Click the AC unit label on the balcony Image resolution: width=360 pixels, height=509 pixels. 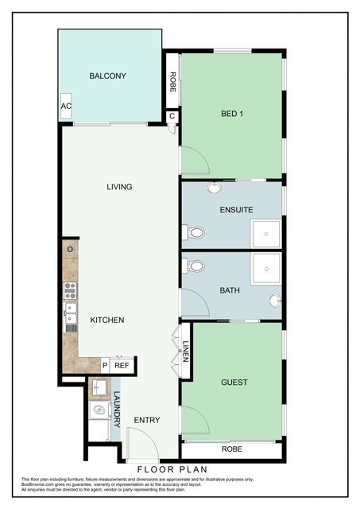coord(67,106)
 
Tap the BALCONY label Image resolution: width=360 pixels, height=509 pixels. coord(108,76)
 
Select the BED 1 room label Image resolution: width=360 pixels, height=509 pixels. coord(231,113)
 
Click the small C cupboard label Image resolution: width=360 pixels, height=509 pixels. coord(172,116)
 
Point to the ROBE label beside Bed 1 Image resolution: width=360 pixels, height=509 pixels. coord(172,84)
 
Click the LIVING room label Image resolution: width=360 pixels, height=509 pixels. coord(119,187)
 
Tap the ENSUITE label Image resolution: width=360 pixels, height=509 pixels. coord(236,210)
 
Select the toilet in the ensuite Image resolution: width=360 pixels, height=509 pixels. coord(195,233)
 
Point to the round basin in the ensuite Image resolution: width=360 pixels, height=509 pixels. coord(215,188)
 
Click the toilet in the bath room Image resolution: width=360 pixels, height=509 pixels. coord(195,266)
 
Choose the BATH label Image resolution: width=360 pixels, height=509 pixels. coord(230,290)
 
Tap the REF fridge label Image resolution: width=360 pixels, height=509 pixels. coord(122,366)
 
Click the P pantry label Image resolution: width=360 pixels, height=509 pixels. coord(105,366)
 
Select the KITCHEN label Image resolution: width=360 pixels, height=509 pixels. coord(106,321)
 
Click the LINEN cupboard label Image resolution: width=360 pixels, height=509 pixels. coord(185,352)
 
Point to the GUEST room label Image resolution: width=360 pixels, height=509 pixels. coord(234,383)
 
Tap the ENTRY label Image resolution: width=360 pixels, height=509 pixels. coord(147,421)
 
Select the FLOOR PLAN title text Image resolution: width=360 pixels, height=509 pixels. coord(172,470)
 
